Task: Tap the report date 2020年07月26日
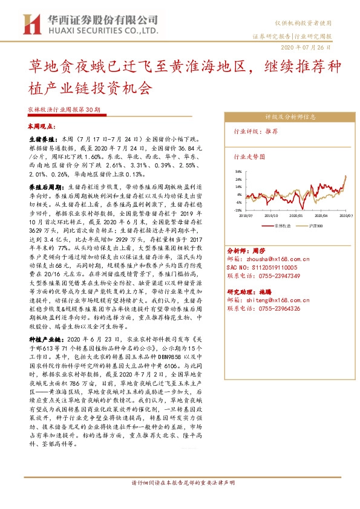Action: point(307,47)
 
